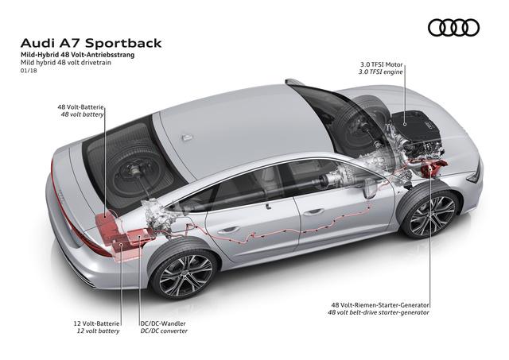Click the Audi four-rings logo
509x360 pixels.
tap(453, 28)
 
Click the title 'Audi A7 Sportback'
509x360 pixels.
tap(91, 43)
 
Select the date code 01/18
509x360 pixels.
tap(29, 70)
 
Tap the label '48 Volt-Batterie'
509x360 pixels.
tap(80, 106)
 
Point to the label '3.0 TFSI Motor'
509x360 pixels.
tap(381, 64)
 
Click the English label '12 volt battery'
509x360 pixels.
tap(98, 331)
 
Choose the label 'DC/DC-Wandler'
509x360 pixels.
tap(163, 323)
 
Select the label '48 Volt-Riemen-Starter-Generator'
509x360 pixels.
tap(380, 305)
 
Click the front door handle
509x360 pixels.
tap(313, 212)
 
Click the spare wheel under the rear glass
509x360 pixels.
tap(137, 168)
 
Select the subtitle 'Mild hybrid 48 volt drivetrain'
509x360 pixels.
tap(65, 63)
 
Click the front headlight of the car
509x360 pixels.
tap(475, 174)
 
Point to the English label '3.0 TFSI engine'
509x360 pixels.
tap(380, 72)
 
